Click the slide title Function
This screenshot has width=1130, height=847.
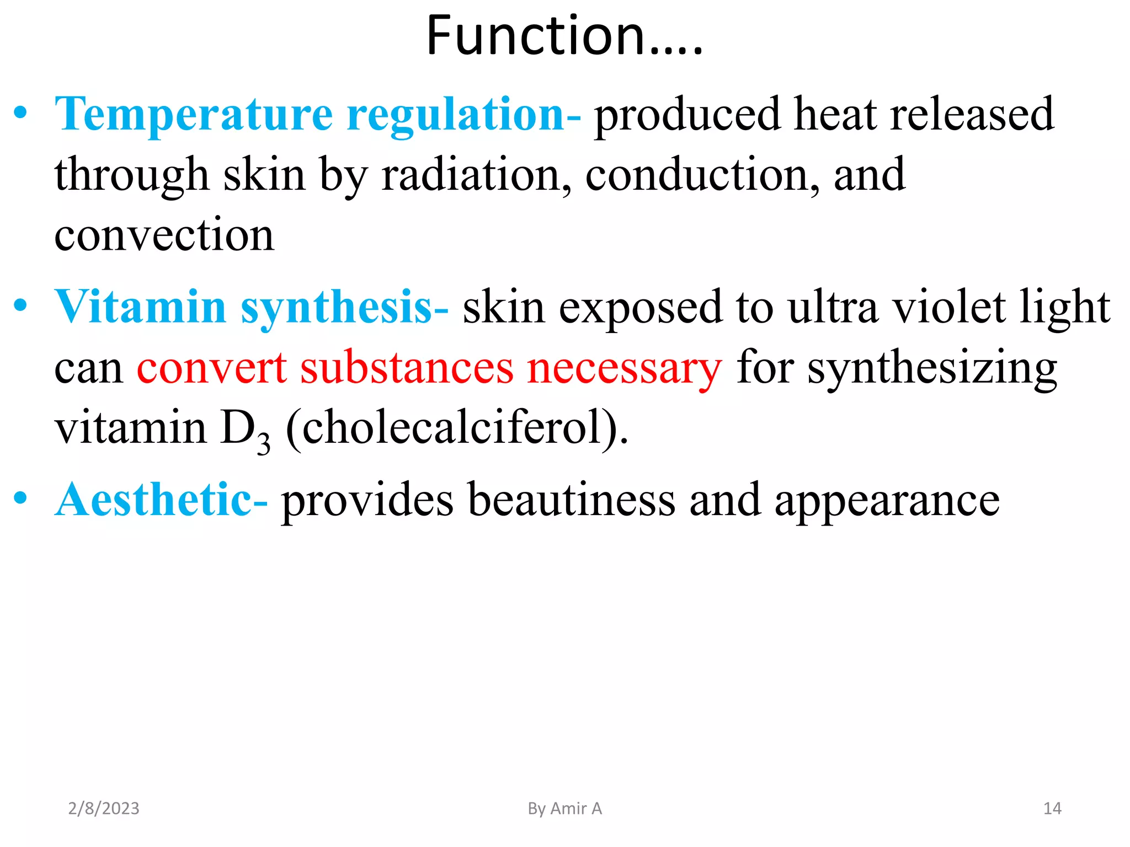564,36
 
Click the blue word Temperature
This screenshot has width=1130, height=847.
193,115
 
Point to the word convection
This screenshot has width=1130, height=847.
164,236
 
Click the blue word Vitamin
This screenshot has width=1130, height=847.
141,307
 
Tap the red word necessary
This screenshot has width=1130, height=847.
624,368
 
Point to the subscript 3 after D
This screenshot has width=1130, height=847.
264,443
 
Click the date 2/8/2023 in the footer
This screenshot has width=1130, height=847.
104,808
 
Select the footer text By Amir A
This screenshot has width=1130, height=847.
564,808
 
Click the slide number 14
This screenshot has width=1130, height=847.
1052,808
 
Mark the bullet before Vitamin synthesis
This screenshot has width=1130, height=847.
20,305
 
